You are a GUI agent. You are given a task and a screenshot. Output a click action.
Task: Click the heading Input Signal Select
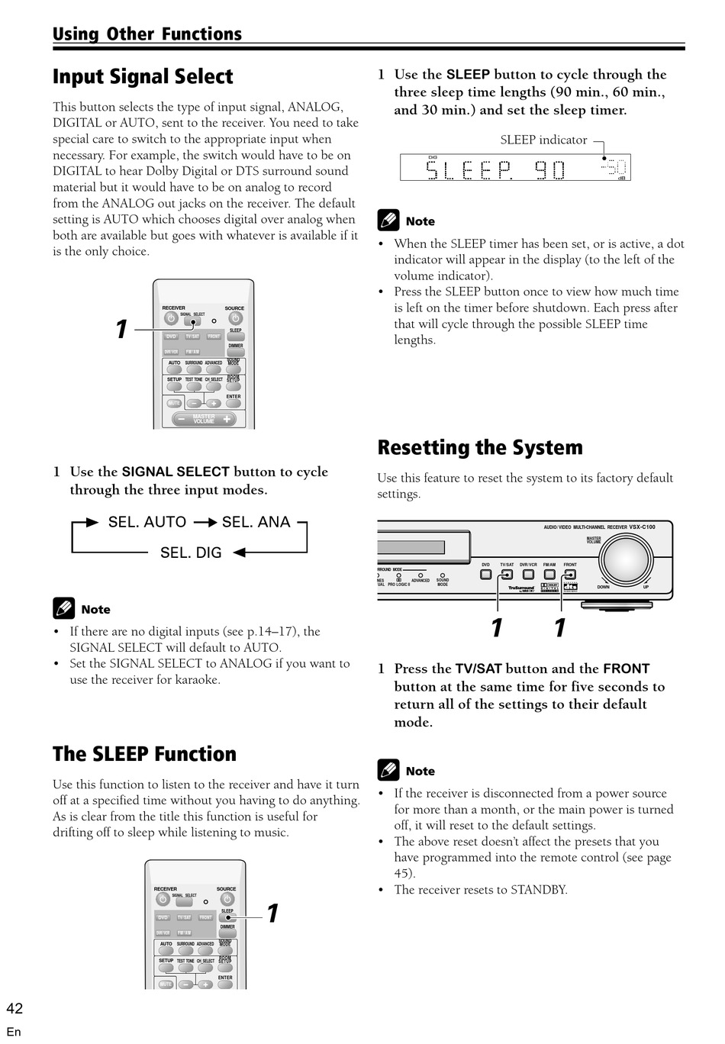pyautogui.click(x=143, y=77)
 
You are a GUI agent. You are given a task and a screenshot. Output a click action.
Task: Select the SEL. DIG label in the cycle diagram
pyautogui.click(x=191, y=553)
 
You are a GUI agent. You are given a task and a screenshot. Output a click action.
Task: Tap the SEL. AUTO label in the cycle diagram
pyautogui.click(x=147, y=522)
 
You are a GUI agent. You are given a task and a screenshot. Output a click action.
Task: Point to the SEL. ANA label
pyautogui.click(x=256, y=522)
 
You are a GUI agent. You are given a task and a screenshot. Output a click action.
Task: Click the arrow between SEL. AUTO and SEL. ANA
pyautogui.click(x=205, y=522)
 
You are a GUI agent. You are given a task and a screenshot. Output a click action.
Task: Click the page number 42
pyautogui.click(x=14, y=1009)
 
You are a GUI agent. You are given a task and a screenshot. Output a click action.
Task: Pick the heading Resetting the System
pyautogui.click(x=480, y=448)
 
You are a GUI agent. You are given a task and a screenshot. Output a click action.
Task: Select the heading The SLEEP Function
pyautogui.click(x=144, y=755)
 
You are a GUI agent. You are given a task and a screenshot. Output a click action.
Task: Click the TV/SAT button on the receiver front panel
pyautogui.click(x=507, y=574)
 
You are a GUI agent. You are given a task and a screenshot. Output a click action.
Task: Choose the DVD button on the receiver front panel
pyautogui.click(x=486, y=574)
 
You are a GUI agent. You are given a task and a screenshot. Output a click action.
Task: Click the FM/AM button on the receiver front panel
pyautogui.click(x=549, y=574)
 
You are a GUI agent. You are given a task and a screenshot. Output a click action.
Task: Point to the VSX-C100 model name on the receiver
pyautogui.click(x=642, y=527)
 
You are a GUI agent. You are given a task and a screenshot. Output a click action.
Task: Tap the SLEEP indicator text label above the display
pyautogui.click(x=543, y=140)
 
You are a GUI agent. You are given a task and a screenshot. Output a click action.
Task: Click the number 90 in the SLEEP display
pyautogui.click(x=549, y=169)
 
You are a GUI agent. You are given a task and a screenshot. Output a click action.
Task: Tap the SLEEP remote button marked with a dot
pyautogui.click(x=228, y=917)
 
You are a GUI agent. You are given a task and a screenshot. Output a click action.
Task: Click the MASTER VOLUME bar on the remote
pyautogui.click(x=204, y=419)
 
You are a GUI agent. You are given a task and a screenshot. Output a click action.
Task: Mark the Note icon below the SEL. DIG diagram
pyautogui.click(x=64, y=608)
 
